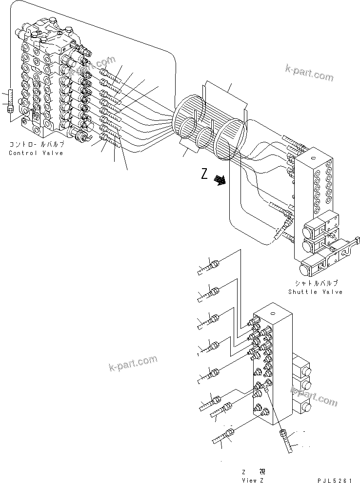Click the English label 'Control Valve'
click(x=36, y=153)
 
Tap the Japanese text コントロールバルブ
click(x=36, y=145)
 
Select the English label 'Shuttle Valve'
click(x=315, y=292)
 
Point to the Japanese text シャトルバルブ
click(x=316, y=283)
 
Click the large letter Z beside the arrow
click(x=205, y=174)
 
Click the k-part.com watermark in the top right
click(x=309, y=73)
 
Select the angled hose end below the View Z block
click(x=286, y=441)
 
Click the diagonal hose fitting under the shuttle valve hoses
click(x=283, y=228)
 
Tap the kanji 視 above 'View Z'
click(x=262, y=472)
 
